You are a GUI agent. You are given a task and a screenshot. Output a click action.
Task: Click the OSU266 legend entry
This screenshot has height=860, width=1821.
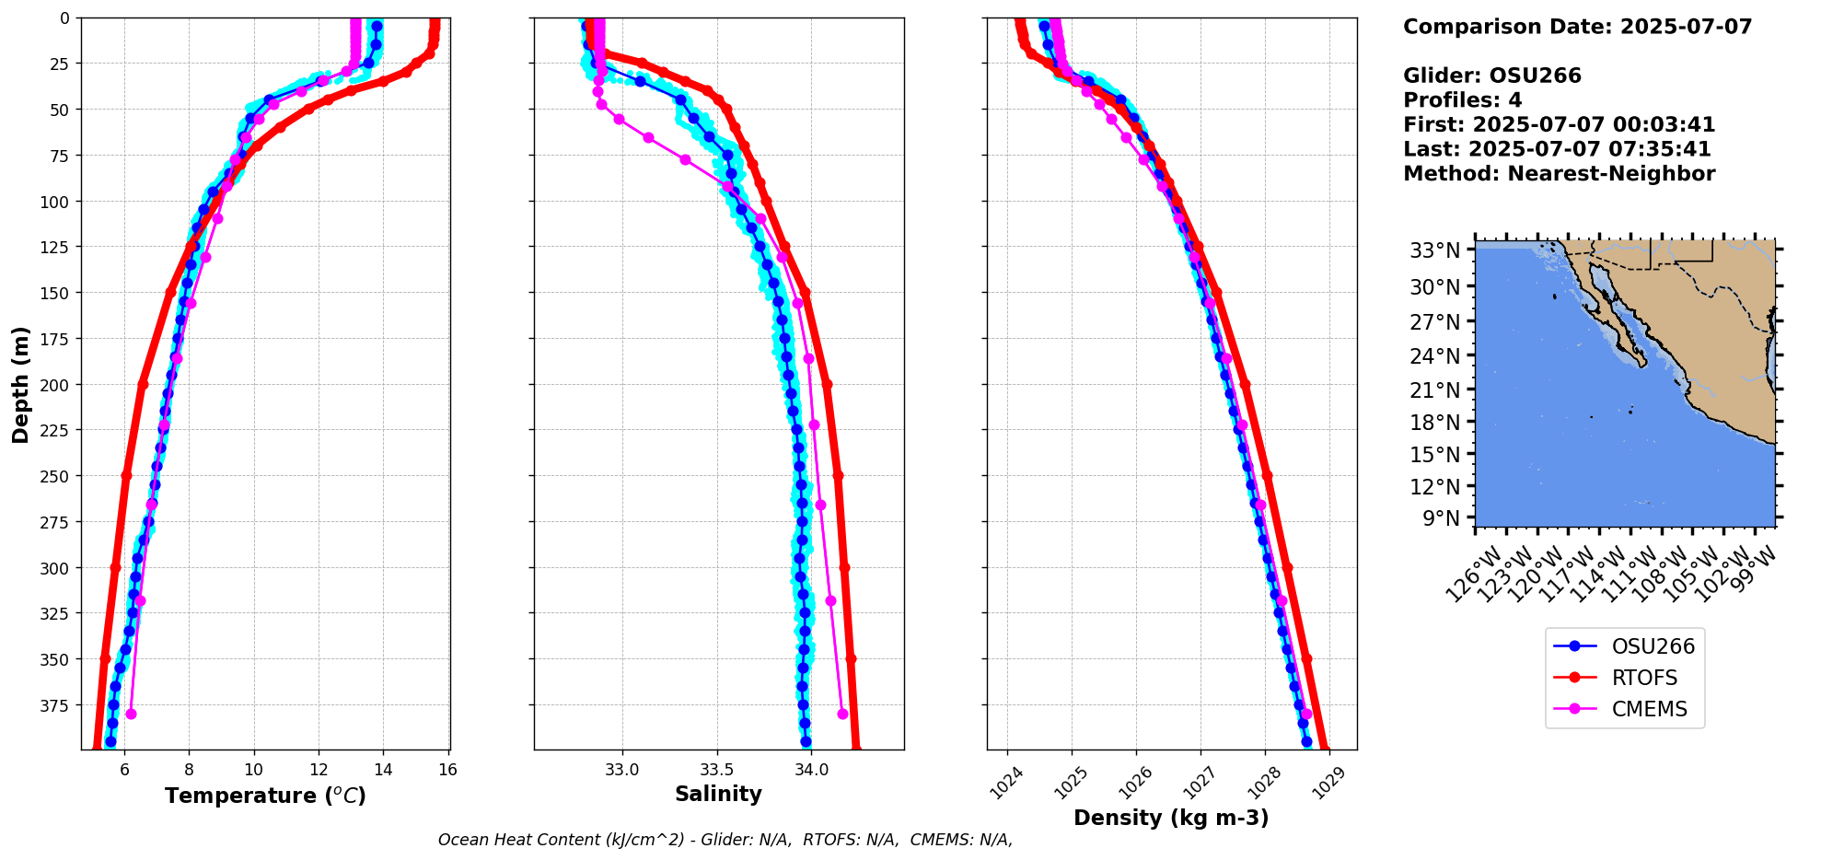tap(1653, 646)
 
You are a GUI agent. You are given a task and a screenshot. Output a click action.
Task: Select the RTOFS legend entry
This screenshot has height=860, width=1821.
tap(1644, 678)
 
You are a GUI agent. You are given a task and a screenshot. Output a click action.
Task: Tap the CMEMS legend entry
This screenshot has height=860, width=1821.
tap(1649, 709)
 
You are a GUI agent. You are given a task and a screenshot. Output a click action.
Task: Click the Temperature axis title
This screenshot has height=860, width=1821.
tap(265, 796)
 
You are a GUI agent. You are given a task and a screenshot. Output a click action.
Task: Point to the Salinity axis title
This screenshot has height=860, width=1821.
tap(718, 794)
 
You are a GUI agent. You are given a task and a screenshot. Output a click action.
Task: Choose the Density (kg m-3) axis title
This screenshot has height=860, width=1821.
tap(1171, 818)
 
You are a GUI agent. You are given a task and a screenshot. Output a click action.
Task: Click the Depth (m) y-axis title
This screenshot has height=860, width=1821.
tap(20, 384)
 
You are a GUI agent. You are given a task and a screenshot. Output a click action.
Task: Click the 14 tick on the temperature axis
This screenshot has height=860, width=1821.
tap(383, 770)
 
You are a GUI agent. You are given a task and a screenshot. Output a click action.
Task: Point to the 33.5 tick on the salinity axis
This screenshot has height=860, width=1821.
tap(716, 770)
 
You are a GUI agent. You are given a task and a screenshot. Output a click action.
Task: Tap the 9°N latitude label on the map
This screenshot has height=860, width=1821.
tap(1441, 518)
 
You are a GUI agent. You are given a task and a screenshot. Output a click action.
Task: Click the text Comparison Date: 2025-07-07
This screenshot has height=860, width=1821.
tap(1577, 27)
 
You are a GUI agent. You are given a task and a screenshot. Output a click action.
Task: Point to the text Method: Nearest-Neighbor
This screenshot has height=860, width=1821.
tap(1559, 174)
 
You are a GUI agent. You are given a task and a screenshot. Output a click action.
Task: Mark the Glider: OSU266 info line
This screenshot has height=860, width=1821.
tap(1491, 76)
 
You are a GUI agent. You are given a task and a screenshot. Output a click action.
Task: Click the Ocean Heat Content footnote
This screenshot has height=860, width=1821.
tap(725, 840)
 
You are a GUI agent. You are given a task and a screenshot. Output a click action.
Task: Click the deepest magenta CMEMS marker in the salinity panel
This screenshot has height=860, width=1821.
tap(842, 714)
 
